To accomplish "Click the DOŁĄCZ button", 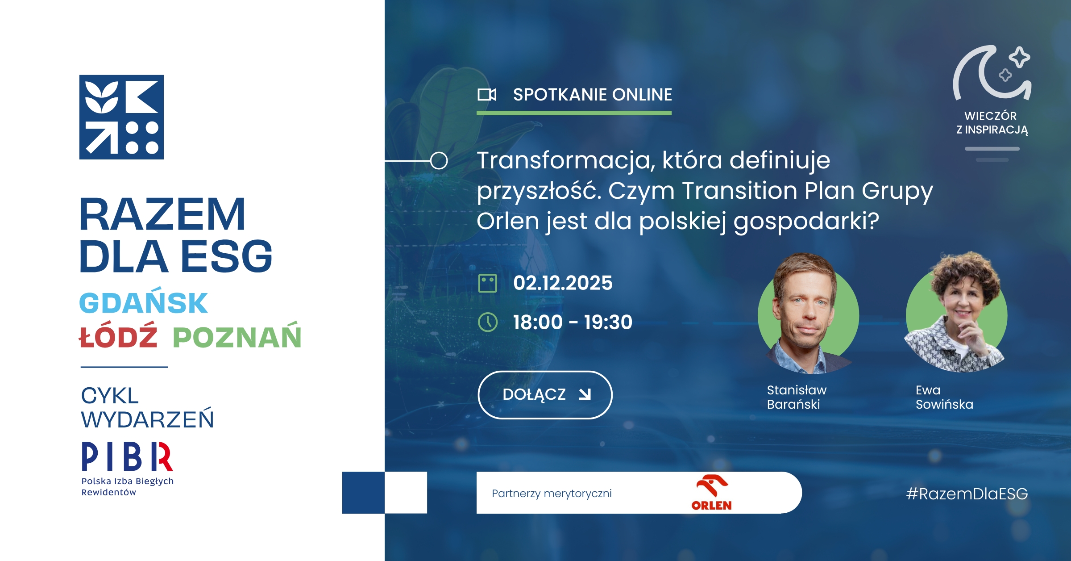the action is pyautogui.click(x=545, y=395).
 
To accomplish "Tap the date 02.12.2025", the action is pyautogui.click(x=563, y=283).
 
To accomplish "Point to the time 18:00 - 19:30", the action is pyautogui.click(x=573, y=322).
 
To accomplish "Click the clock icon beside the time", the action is pyautogui.click(x=488, y=322).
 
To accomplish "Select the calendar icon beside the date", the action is pyautogui.click(x=488, y=283).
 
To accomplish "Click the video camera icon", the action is pyautogui.click(x=487, y=95).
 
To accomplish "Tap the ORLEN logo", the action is pyautogui.click(x=712, y=493).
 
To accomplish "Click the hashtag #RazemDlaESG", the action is pyautogui.click(x=967, y=494).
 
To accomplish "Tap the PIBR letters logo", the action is pyautogui.click(x=127, y=456).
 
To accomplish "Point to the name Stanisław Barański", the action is pyautogui.click(x=797, y=397).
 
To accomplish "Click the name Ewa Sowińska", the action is pyautogui.click(x=944, y=397).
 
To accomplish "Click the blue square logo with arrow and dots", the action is pyautogui.click(x=121, y=117).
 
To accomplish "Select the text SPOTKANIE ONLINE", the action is pyautogui.click(x=593, y=95).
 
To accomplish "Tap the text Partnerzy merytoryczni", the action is pyautogui.click(x=552, y=494).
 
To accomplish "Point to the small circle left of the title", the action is pyautogui.click(x=439, y=160).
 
